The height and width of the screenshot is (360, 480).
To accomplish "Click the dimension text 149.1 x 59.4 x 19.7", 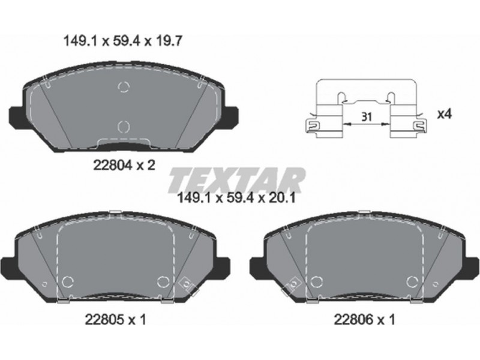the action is click(122, 41).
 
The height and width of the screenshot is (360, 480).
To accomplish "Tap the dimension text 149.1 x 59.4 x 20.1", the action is click(236, 198).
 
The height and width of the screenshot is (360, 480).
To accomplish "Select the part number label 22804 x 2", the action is click(124, 166).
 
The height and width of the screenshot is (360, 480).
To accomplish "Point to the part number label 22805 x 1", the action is click(115, 320).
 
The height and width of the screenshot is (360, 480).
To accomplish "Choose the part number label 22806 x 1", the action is click(364, 320).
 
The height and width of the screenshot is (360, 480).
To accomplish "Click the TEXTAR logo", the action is click(236, 180).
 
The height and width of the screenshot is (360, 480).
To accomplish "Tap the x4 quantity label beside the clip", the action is click(445, 115).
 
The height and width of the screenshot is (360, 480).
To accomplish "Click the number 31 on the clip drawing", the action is click(366, 116).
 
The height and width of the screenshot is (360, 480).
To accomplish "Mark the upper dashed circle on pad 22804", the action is click(124, 87).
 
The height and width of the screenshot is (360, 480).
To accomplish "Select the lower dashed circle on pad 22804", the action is click(124, 127).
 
